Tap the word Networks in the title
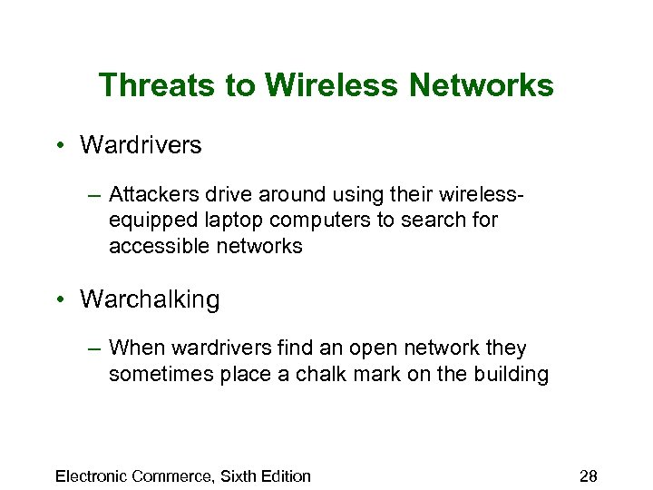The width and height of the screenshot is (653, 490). point(482,85)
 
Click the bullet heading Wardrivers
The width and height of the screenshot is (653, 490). point(141,144)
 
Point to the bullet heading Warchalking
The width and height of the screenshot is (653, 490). point(150,299)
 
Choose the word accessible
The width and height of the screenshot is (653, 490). point(154,246)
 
